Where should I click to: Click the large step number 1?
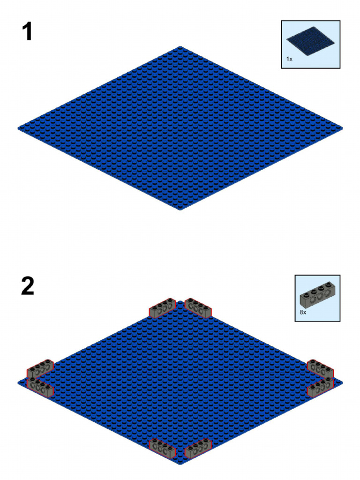pos(27,32)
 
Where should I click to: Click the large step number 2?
pos(28,286)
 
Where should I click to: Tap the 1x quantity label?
pos(290,60)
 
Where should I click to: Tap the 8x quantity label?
pos(303,312)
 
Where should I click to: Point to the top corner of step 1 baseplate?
pos(180,47)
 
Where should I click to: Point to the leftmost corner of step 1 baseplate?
pos(19,127)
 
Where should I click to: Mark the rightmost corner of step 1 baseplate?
pos(342,127)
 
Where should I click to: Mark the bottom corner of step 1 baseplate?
pos(180,209)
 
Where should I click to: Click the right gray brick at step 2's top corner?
pos(198,307)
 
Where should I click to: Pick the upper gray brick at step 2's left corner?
pos(40,369)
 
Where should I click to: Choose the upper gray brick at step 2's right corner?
pos(320,368)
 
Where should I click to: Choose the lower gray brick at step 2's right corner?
pos(321,386)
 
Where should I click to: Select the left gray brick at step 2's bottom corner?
pos(162,447)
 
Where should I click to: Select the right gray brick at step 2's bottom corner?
pos(199,448)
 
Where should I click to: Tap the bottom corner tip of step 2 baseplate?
pos(180,464)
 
